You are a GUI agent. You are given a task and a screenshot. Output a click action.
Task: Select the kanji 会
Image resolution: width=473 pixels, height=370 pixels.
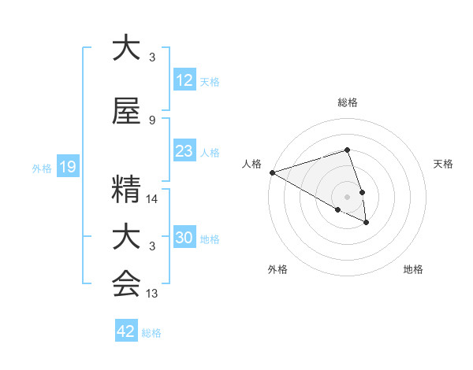126,283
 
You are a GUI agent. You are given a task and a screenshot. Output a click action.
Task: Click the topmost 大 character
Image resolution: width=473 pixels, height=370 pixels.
126,48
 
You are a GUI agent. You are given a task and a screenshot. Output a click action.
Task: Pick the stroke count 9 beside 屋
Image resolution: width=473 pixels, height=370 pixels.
152,120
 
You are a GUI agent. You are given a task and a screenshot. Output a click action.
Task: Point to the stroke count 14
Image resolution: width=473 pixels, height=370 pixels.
152,199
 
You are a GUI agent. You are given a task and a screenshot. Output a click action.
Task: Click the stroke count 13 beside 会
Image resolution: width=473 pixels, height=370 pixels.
152,294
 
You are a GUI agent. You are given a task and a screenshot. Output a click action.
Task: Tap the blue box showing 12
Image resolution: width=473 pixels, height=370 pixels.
184,80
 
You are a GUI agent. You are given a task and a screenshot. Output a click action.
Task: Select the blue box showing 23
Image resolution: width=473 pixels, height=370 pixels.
184,151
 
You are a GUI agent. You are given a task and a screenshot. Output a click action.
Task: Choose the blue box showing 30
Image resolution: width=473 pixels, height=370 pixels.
184,238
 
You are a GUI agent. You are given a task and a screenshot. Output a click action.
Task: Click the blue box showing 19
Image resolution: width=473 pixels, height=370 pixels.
67,167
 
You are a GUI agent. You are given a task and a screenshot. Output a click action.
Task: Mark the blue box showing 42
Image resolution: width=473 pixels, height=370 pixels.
126,331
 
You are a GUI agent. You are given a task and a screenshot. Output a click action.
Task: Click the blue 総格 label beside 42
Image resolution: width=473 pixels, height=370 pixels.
152,333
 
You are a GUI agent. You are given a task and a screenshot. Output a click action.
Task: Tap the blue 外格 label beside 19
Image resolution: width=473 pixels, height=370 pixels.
42,168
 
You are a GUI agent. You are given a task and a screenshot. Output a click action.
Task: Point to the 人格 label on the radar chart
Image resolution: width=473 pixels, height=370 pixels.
252,164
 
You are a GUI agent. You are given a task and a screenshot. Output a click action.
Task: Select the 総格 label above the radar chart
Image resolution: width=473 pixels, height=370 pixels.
348,102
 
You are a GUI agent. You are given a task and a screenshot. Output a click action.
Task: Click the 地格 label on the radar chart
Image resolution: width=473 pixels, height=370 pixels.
413,270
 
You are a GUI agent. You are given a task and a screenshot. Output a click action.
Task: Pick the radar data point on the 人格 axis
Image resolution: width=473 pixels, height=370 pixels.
272,172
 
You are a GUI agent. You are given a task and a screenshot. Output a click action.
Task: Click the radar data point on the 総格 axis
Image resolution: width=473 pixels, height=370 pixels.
348,150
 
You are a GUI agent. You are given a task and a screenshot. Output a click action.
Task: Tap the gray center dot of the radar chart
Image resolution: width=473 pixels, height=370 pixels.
348,196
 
